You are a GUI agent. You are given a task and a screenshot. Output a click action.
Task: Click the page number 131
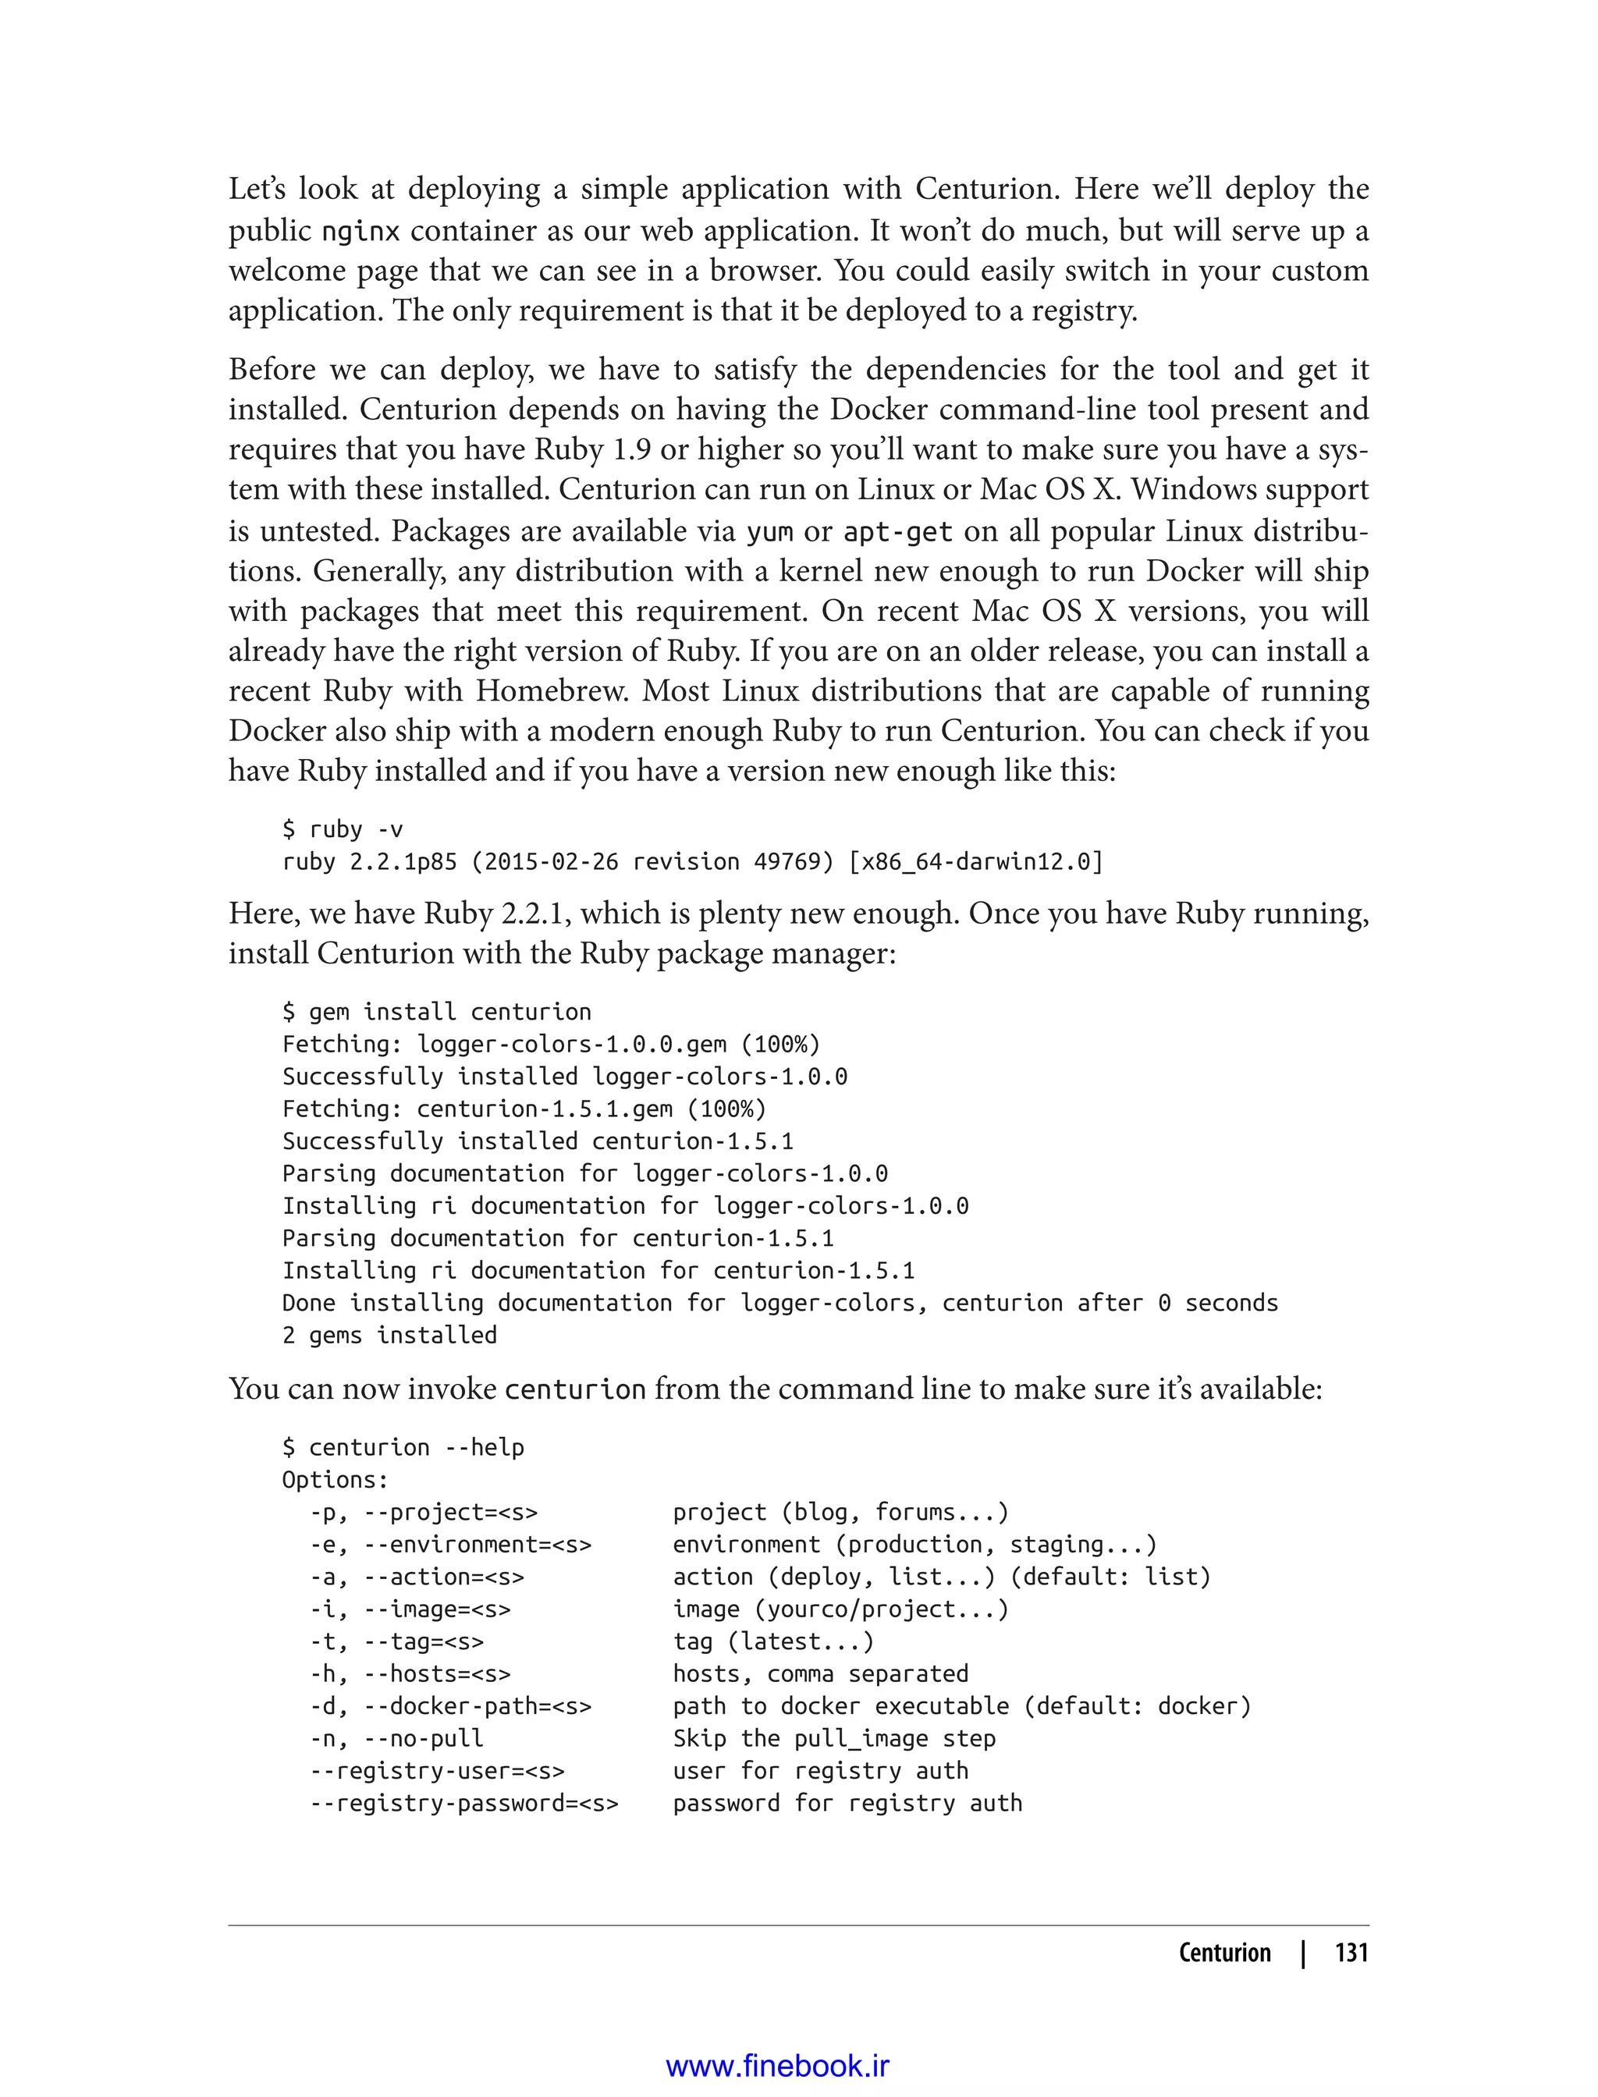point(1351,1953)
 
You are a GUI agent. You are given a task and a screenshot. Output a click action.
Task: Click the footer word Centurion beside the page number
point(1224,1953)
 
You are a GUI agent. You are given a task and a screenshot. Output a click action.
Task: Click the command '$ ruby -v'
point(343,829)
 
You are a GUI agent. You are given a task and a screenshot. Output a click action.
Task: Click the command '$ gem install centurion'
point(437,1012)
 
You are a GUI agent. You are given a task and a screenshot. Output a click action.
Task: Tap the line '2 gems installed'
point(389,1336)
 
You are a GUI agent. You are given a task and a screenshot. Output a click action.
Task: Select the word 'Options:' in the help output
point(335,1480)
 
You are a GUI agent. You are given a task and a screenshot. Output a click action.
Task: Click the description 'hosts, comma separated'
point(820,1674)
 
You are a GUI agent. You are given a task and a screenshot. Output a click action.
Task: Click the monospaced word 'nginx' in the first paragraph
point(360,231)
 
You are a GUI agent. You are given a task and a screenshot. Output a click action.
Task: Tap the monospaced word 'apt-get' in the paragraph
point(898,531)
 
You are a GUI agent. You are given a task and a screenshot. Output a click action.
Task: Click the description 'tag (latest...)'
point(772,1641)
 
